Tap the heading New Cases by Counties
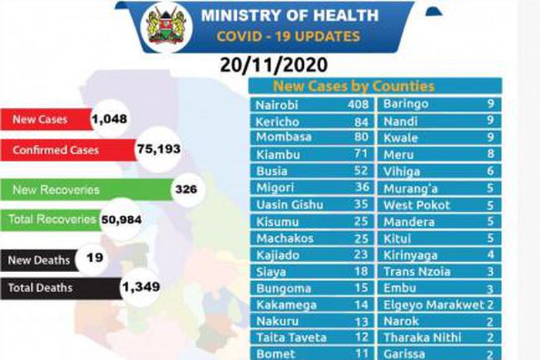pyautogui.click(x=353, y=86)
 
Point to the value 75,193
pyautogui.click(x=158, y=150)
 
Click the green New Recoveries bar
pyautogui.click(x=85, y=189)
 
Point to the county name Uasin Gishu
pyautogui.click(x=289, y=205)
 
